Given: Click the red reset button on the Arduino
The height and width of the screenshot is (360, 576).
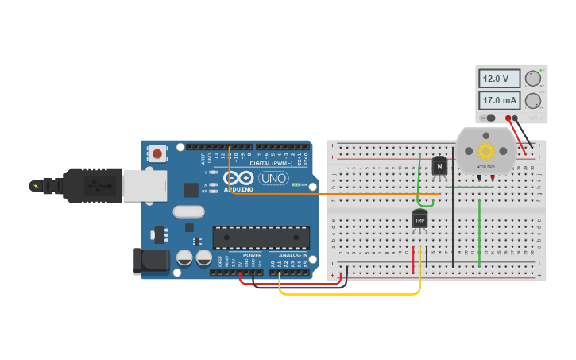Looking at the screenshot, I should click(x=157, y=153).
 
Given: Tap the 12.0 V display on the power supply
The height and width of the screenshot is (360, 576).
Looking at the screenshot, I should click(x=500, y=79).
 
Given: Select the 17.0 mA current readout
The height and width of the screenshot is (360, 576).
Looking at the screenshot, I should click(x=500, y=101).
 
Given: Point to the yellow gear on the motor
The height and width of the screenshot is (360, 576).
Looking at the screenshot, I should click(x=485, y=150).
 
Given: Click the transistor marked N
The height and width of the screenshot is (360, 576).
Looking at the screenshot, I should click(x=439, y=167).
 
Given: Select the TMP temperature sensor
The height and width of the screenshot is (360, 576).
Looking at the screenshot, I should click(x=420, y=219).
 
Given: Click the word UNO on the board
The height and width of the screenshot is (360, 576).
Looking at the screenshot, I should click(x=273, y=178).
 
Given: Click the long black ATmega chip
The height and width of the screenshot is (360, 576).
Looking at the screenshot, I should click(x=261, y=238).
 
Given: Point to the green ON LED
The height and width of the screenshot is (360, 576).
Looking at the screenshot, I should click(x=296, y=184).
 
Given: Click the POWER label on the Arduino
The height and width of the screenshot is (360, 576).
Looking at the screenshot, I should click(x=252, y=256).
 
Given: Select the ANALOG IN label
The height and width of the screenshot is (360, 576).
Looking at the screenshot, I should click(x=294, y=256).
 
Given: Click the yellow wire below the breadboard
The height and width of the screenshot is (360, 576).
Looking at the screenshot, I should click(x=350, y=294).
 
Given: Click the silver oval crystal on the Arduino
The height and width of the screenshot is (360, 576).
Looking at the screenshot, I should click(x=188, y=211).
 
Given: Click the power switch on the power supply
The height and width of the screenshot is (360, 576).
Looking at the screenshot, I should click(x=489, y=118).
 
